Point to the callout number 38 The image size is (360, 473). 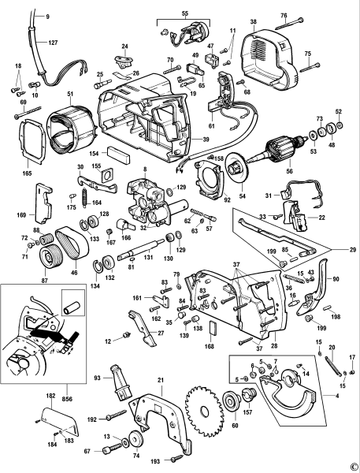tap(254, 24)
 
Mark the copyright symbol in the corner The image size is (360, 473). tap(354, 466)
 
